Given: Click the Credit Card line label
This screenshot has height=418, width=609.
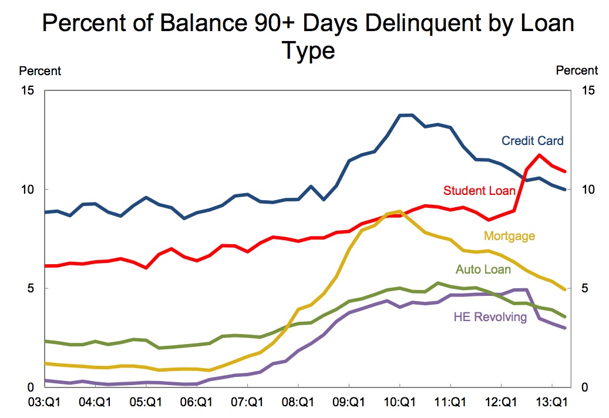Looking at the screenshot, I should [532, 141].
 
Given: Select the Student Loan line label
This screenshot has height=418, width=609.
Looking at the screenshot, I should [479, 190].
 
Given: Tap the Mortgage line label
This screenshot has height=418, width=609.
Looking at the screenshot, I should [509, 236].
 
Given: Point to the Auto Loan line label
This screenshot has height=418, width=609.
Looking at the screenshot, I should [483, 269].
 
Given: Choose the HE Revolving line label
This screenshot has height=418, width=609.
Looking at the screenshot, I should [490, 317].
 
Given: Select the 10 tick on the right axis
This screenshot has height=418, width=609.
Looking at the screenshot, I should [588, 190].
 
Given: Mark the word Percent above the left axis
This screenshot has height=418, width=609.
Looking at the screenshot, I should [40, 71].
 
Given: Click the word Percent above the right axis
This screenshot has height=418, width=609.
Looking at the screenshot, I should [577, 70].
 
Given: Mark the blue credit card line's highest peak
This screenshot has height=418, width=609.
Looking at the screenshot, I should [406, 115].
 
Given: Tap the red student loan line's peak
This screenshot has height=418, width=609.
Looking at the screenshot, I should [539, 155].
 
